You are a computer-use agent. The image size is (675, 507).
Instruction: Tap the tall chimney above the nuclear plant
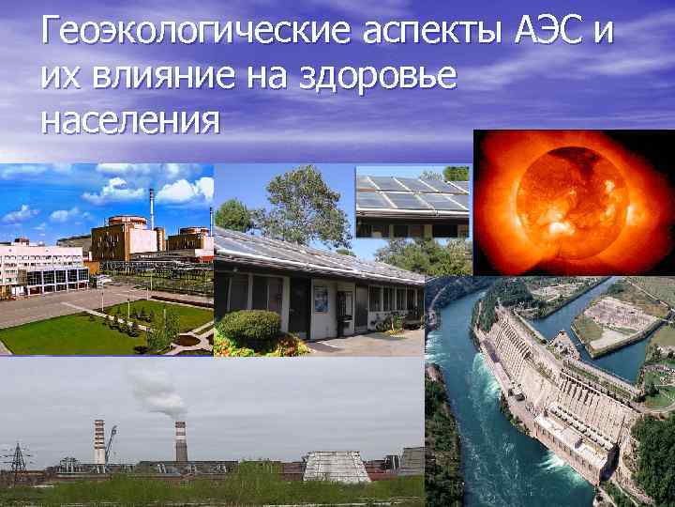pos(151,207)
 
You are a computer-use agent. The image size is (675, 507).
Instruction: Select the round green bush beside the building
pos(248,327)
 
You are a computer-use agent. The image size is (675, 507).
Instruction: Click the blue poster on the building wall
pos(321,300)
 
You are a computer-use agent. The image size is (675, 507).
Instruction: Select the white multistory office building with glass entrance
pos(42,268)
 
